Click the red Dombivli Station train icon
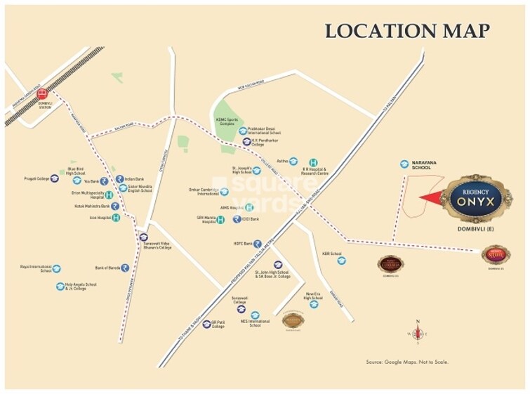(x=43, y=94)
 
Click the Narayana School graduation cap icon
(x=404, y=164)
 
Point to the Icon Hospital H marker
(x=116, y=218)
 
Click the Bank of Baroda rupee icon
(x=124, y=268)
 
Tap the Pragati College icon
(x=55, y=179)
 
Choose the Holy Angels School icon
(x=60, y=287)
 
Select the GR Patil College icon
(x=207, y=324)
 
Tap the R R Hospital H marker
(x=313, y=162)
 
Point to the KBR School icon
(x=341, y=261)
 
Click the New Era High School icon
(x=314, y=304)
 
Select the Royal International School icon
(x=57, y=268)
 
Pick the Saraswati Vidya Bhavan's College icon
(x=143, y=237)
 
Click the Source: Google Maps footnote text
(x=406, y=362)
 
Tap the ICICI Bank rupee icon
(x=235, y=219)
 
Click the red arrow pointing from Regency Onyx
(x=430, y=198)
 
